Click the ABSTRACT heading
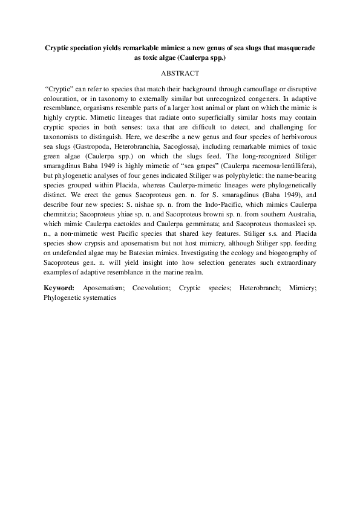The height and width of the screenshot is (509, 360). (x=180, y=73)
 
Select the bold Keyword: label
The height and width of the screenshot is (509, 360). (x=59, y=288)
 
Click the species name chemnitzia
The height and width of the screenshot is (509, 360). (x=62, y=227)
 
